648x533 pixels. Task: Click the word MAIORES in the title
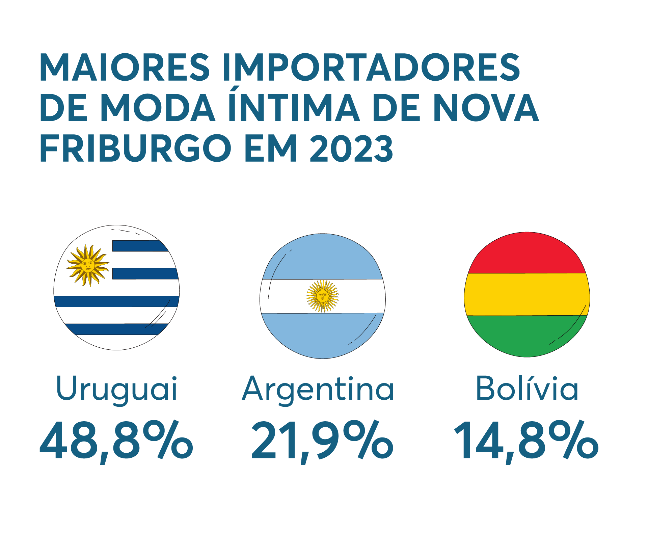[125, 67]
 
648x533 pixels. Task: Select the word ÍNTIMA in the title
[294, 107]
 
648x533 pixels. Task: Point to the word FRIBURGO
[135, 148]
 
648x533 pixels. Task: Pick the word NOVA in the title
[486, 107]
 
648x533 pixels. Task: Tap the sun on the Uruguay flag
[88, 265]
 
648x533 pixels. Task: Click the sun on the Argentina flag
[322, 296]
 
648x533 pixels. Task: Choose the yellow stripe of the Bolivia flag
[527, 294]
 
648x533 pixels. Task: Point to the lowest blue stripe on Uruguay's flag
[116, 329]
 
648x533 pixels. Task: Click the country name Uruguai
[116, 389]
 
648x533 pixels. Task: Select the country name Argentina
[318, 389]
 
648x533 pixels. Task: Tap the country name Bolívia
[527, 389]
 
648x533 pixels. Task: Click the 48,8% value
[116, 441]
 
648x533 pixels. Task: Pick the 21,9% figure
[322, 441]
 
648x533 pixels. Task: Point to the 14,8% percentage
[526, 441]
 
